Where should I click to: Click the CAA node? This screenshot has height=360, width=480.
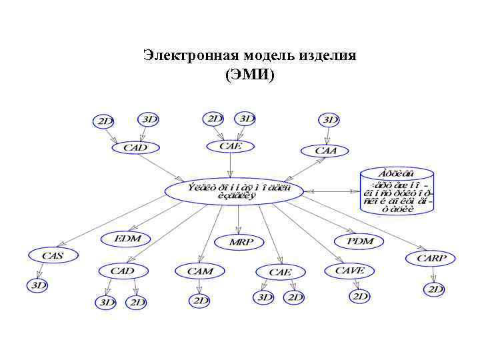tap(326, 151)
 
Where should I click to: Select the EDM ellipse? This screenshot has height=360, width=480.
tap(127, 238)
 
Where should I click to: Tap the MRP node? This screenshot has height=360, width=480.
tap(241, 242)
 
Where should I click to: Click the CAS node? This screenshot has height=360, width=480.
tap(53, 255)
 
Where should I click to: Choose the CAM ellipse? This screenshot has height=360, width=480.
tap(200, 271)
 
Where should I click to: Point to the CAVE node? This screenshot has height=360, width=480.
tap(349, 271)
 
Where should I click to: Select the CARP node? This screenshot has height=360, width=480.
tap(431, 258)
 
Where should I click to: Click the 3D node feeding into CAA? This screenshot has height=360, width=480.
tap(329, 120)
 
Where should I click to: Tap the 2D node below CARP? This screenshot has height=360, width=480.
tap(435, 289)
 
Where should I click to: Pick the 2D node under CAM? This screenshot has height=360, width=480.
tap(199, 301)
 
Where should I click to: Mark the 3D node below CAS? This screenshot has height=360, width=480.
tap(37, 285)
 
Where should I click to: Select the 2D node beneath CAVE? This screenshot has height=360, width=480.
tap(359, 296)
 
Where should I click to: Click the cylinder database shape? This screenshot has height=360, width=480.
tap(397, 191)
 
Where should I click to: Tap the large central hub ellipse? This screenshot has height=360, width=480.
tap(234, 191)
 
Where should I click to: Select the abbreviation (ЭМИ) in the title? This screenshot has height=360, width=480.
tap(249, 74)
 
